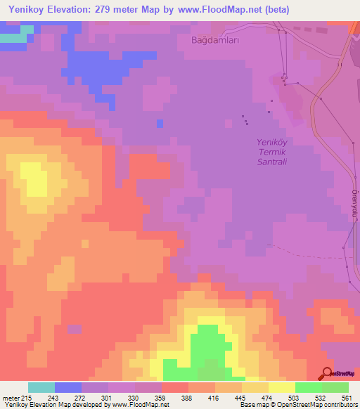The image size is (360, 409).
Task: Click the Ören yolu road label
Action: point(355,204)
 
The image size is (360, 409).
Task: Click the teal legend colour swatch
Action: point(41,388)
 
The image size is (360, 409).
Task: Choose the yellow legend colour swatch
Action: point(281,388)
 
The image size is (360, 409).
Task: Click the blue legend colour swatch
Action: point(68,388)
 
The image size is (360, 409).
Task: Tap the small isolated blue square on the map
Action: point(160,124)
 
